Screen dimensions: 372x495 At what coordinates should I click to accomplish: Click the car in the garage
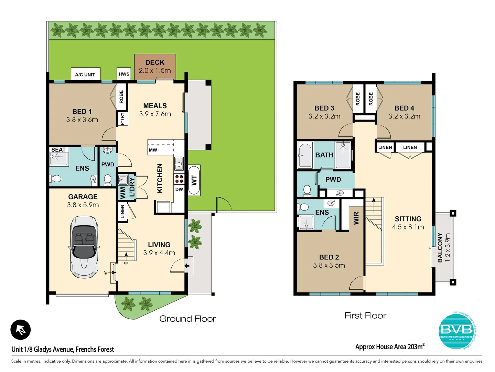(x=84, y=247)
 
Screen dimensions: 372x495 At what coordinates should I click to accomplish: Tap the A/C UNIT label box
(x=85, y=74)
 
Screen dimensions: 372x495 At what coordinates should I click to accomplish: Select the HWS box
(x=124, y=74)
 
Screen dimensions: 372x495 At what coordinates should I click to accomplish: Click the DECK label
(x=155, y=62)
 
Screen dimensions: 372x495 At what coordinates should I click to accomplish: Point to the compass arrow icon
(x=21, y=330)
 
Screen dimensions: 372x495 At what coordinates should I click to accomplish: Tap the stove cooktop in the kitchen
(x=179, y=179)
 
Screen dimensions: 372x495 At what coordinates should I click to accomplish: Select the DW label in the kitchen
(x=179, y=189)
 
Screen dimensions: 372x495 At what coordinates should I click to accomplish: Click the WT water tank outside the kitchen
(x=194, y=180)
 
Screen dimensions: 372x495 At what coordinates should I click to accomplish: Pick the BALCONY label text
(x=440, y=247)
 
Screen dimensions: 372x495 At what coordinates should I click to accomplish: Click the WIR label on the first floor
(x=356, y=218)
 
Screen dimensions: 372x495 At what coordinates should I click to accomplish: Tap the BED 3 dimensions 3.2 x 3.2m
(x=324, y=116)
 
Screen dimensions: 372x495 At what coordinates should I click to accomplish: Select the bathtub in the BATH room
(x=305, y=155)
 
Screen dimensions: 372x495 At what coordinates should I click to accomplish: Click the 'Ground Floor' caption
(x=187, y=319)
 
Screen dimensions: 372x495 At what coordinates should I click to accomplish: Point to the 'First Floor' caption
(x=365, y=316)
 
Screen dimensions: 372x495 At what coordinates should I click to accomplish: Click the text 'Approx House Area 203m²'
(x=390, y=347)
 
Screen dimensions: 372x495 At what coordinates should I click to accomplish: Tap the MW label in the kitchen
(x=153, y=150)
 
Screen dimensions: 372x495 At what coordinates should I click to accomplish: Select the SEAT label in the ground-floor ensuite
(x=58, y=150)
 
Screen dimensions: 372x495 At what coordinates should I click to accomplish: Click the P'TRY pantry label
(x=122, y=119)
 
